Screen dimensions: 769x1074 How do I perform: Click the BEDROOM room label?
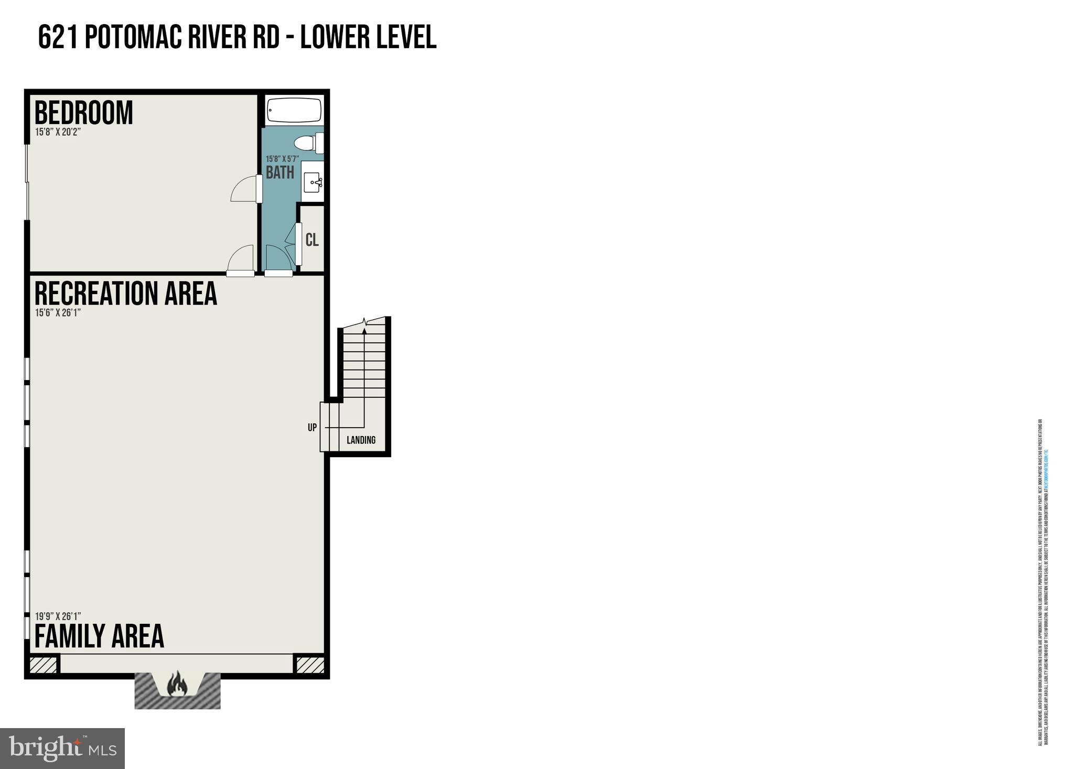click(x=83, y=113)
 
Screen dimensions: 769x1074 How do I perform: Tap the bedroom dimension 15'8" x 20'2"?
click(x=58, y=132)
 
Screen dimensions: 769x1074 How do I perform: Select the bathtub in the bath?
click(x=294, y=110)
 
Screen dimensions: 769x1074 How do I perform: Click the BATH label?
click(x=280, y=172)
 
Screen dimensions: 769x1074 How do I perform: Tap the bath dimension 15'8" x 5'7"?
click(x=282, y=159)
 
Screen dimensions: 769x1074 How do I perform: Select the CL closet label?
click(x=312, y=240)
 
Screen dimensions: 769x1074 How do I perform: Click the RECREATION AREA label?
click(x=125, y=294)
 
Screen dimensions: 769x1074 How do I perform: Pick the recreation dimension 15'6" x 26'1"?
click(x=58, y=313)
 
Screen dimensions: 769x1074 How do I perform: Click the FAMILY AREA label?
click(x=99, y=636)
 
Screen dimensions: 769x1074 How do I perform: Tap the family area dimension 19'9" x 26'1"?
click(x=58, y=616)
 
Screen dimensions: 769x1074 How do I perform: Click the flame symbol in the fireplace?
click(x=177, y=684)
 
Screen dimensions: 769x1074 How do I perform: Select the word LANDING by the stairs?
click(x=361, y=440)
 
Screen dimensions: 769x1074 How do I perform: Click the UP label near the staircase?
click(x=312, y=428)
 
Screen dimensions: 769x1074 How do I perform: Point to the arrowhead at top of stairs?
click(x=364, y=330)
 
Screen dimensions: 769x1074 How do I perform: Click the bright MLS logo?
click(x=62, y=748)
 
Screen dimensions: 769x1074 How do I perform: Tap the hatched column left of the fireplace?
click(x=43, y=665)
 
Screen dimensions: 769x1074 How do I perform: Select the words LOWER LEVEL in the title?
click(x=368, y=38)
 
